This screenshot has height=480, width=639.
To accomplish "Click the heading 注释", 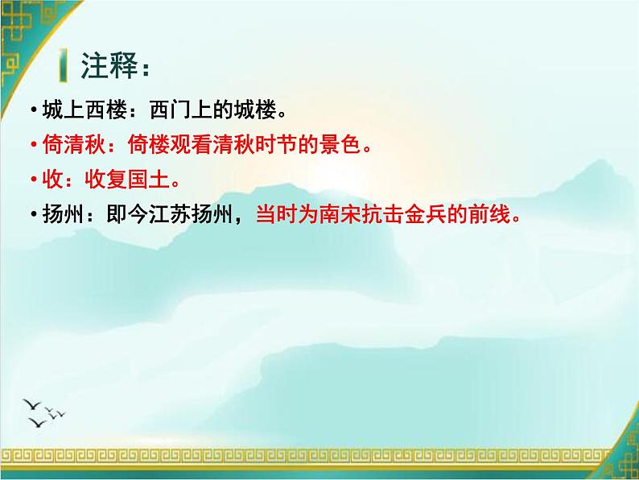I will click(x=109, y=67).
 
